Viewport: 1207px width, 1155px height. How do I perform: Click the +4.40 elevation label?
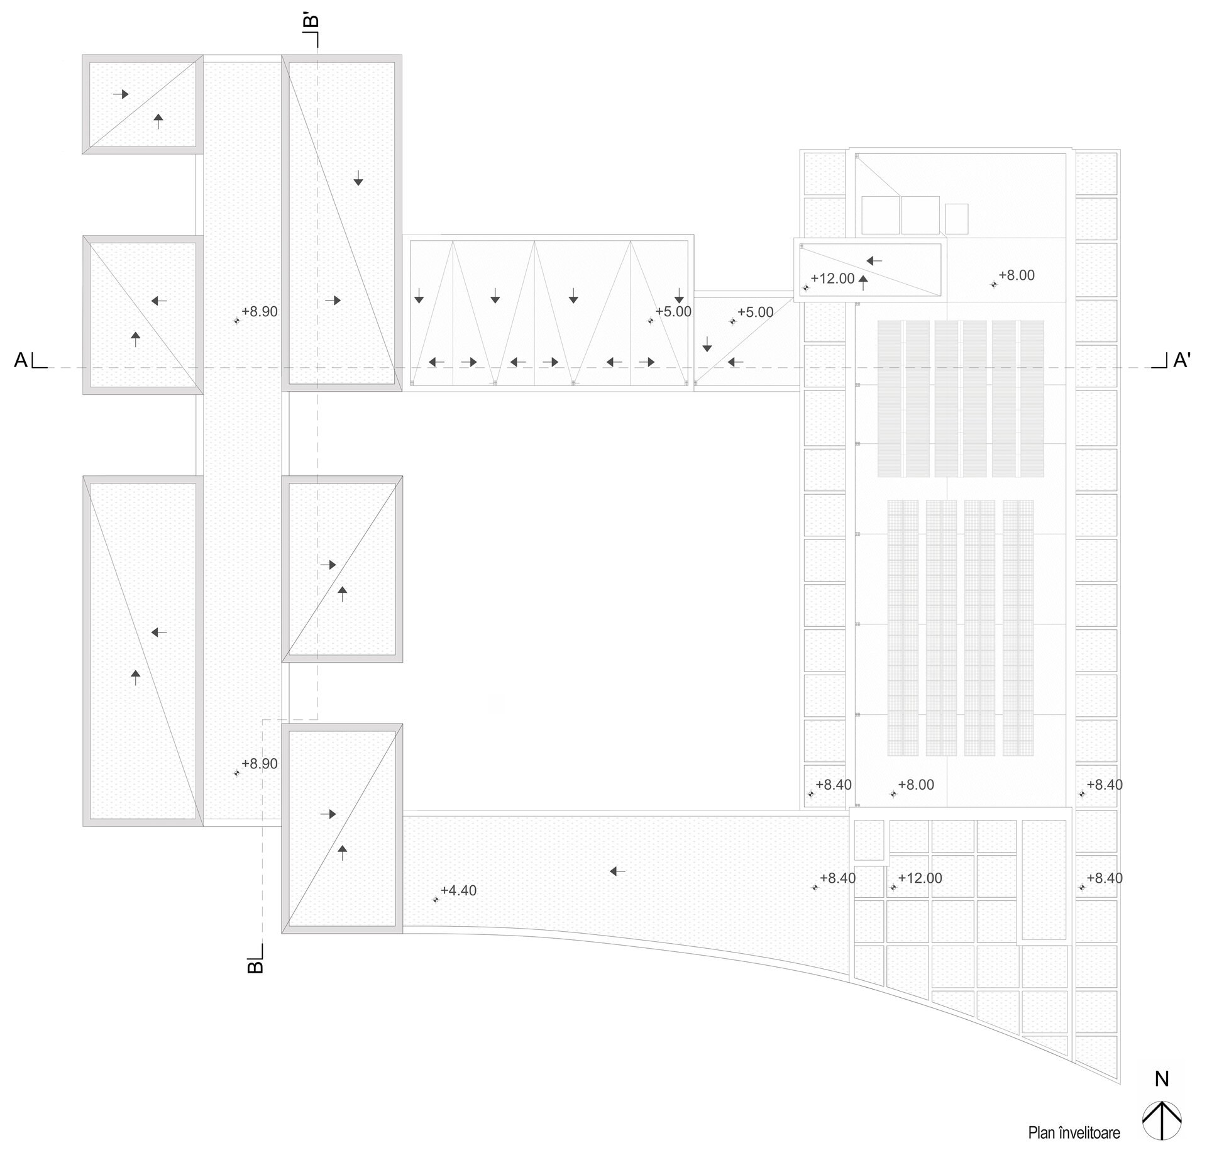(x=458, y=891)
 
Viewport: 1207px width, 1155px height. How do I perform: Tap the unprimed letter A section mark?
(x=21, y=360)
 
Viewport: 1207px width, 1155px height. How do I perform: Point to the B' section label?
(x=311, y=21)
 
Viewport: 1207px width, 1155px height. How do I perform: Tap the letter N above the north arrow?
(x=1162, y=1079)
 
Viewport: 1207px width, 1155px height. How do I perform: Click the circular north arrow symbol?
(x=1162, y=1120)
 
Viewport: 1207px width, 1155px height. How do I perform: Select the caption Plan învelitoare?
(x=1074, y=1133)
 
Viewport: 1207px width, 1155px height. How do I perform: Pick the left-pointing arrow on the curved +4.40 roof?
(x=618, y=871)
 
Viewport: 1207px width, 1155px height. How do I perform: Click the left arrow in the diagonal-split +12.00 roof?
(x=874, y=260)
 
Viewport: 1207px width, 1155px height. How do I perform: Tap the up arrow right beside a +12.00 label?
(x=864, y=282)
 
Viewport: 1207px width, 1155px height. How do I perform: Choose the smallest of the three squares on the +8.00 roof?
(x=956, y=219)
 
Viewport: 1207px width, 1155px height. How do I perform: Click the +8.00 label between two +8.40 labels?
(x=916, y=785)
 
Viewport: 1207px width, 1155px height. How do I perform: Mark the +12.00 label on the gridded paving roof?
(x=920, y=878)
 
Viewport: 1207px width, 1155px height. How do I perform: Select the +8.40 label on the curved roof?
(x=837, y=878)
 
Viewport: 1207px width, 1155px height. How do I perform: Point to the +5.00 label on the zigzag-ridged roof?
(x=673, y=312)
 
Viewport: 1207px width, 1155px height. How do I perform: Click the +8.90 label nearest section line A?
(x=260, y=312)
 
